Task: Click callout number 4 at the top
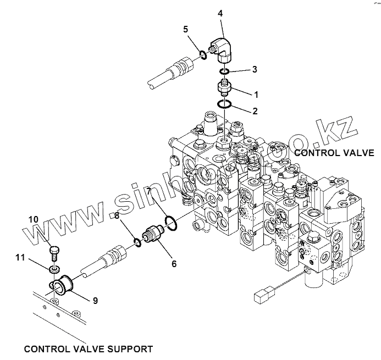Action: (220, 12)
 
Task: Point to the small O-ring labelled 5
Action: (203, 54)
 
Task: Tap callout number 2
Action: (254, 110)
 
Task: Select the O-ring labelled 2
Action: (224, 104)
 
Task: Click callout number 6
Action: (174, 263)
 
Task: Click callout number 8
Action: (116, 217)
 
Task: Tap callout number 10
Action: (34, 219)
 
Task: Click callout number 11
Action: (20, 257)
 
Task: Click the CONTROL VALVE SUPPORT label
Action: (89, 348)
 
